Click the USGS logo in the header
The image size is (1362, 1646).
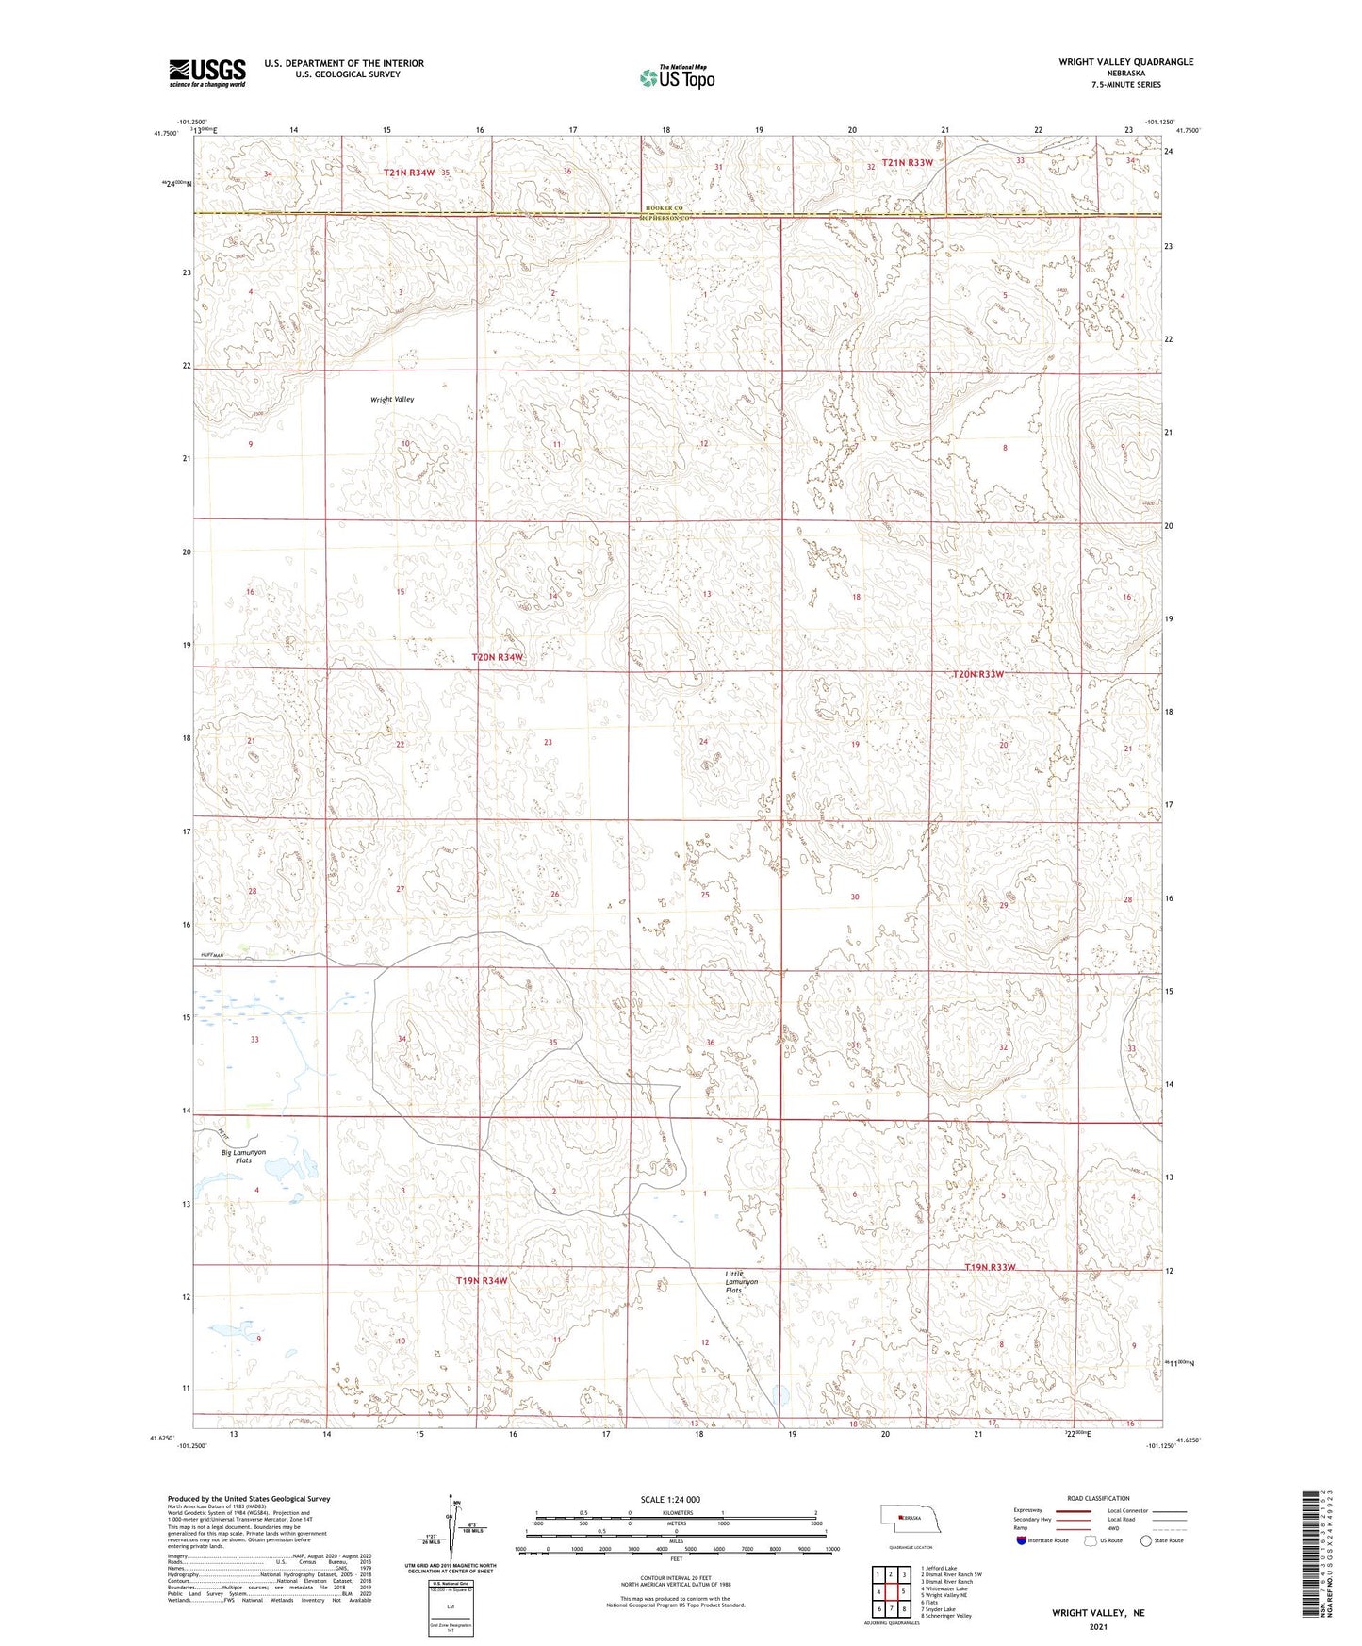[x=206, y=73]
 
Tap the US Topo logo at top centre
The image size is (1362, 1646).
[x=676, y=77]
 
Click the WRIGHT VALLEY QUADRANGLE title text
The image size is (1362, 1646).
[x=1125, y=62]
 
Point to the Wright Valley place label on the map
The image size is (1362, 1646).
[x=392, y=400]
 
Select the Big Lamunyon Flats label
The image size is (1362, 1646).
[x=243, y=1157]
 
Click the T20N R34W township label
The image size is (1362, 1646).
[x=498, y=657]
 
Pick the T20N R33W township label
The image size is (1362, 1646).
[x=978, y=674]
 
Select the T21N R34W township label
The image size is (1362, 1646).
[x=409, y=173]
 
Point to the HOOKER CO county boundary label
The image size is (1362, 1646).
[x=663, y=207]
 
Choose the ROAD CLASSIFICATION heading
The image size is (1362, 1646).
[x=1098, y=1498]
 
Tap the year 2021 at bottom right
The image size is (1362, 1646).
[x=1098, y=1626]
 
